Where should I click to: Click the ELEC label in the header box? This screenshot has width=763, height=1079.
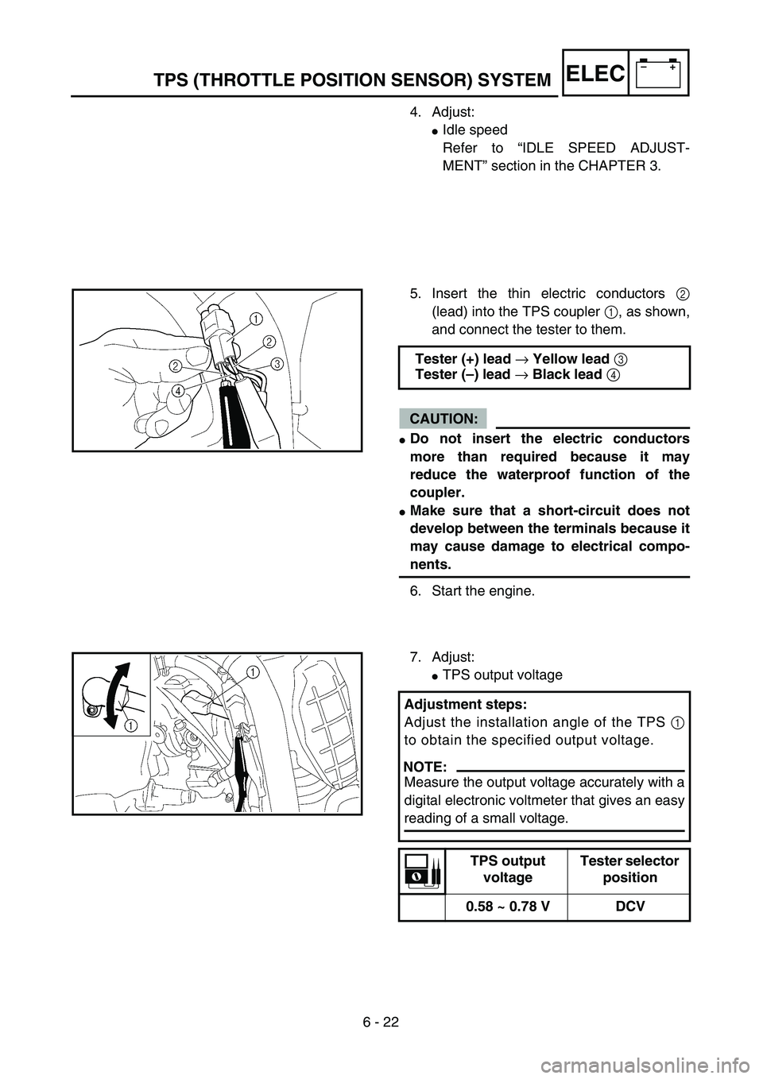click(596, 74)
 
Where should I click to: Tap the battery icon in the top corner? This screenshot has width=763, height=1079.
click(658, 73)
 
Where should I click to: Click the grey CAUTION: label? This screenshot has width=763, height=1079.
click(443, 418)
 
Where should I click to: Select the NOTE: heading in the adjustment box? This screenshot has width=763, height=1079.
click(426, 767)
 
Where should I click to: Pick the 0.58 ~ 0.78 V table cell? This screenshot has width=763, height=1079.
click(507, 907)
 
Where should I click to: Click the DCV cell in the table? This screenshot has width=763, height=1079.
click(629, 907)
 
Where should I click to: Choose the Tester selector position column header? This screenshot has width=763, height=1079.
click(629, 868)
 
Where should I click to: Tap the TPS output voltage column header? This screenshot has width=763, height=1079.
click(507, 868)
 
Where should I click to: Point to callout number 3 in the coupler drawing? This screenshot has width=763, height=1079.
click(277, 363)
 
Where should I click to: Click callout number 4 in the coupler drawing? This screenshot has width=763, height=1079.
click(178, 391)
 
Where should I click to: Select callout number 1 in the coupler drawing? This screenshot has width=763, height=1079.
click(256, 319)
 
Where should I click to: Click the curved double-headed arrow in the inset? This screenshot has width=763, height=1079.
click(117, 697)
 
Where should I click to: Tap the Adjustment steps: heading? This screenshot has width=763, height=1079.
click(465, 704)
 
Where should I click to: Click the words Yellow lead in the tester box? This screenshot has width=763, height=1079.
click(571, 359)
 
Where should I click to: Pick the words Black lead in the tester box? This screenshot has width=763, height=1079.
click(567, 374)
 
